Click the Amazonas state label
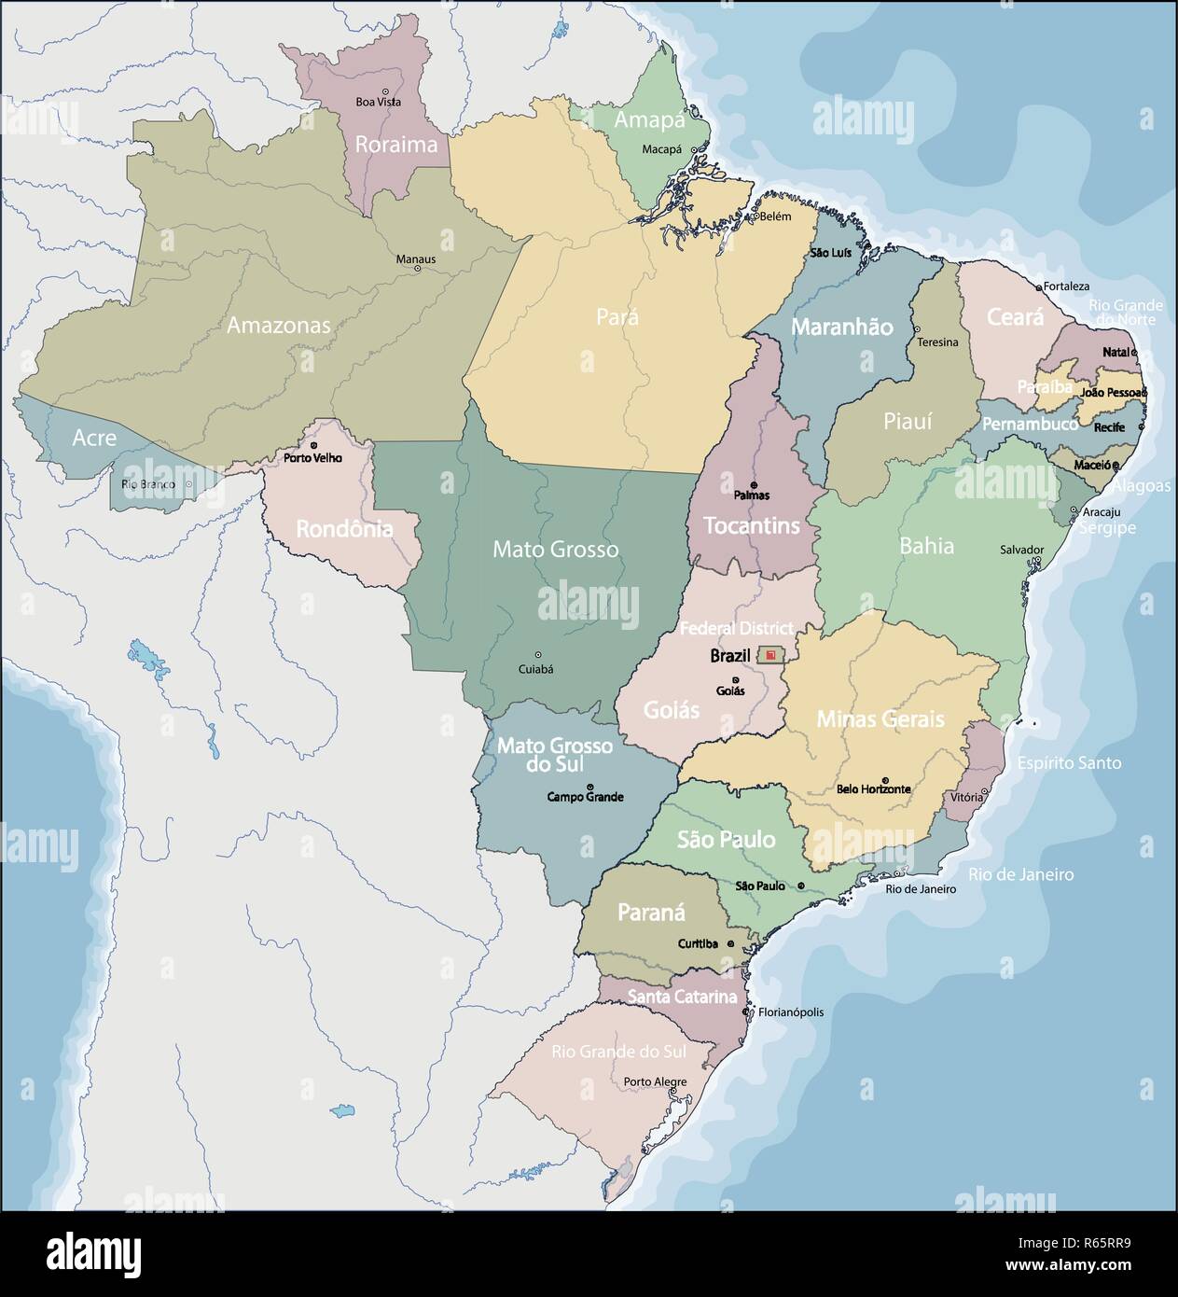279,326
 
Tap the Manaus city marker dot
417,269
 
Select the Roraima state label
395,145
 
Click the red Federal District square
769,656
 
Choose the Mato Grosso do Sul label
554,755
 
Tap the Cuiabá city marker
536,655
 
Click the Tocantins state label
751,525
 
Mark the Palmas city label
752,495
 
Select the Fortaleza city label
1066,286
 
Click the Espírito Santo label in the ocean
1069,762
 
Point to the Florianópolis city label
792,1011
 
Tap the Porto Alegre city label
656,1081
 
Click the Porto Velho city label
312,458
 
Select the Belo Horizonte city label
873,788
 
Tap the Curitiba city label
698,943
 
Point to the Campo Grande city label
585,797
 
